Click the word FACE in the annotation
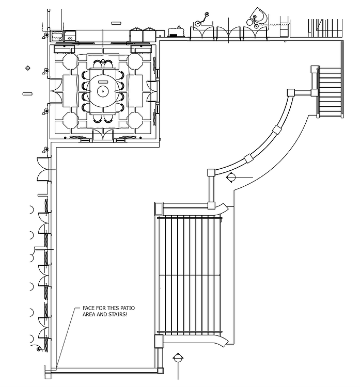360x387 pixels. (x=89, y=309)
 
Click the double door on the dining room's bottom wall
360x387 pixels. (x=102, y=135)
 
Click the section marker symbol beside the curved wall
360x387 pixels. (x=231, y=178)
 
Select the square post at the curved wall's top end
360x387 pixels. (x=290, y=93)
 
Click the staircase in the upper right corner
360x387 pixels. (x=330, y=92)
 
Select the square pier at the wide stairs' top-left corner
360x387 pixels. (x=159, y=208)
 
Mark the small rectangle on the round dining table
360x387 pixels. (x=102, y=82)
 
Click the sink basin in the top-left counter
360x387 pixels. (x=68, y=36)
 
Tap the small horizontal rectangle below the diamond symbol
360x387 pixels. (x=27, y=93)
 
